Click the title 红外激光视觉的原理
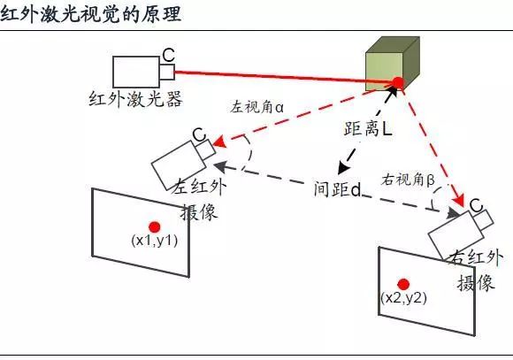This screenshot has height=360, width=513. (x=91, y=14)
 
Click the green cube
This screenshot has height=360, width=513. (x=393, y=64)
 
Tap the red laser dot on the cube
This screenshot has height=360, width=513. (x=398, y=82)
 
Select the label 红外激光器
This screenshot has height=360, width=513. (x=135, y=99)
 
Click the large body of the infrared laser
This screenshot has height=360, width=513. (x=136, y=72)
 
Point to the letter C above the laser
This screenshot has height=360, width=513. (x=168, y=56)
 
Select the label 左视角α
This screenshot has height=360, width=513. (x=256, y=107)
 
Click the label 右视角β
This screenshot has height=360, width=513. (x=408, y=180)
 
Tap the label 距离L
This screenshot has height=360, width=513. (x=368, y=128)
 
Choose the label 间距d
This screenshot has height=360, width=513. (x=338, y=188)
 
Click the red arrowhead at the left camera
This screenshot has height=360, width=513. (x=219, y=142)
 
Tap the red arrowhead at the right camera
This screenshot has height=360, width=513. (x=459, y=200)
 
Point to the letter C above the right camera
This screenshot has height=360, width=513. (x=476, y=205)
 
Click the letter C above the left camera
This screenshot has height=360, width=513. (x=199, y=134)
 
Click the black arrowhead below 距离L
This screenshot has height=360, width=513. (x=342, y=167)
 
